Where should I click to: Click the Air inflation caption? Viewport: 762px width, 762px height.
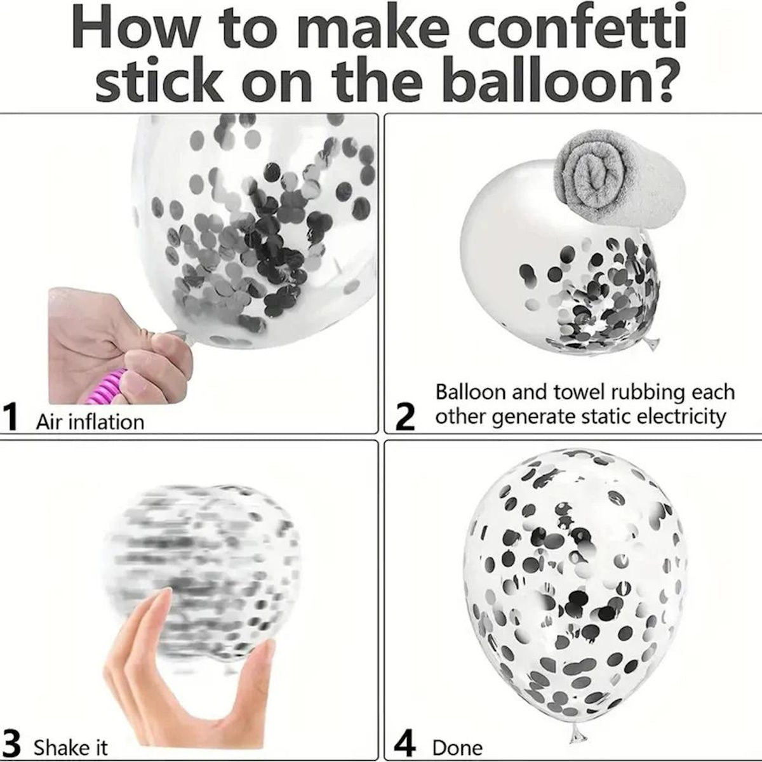coord(90,422)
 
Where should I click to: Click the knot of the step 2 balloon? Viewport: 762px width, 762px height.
coord(652,344)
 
